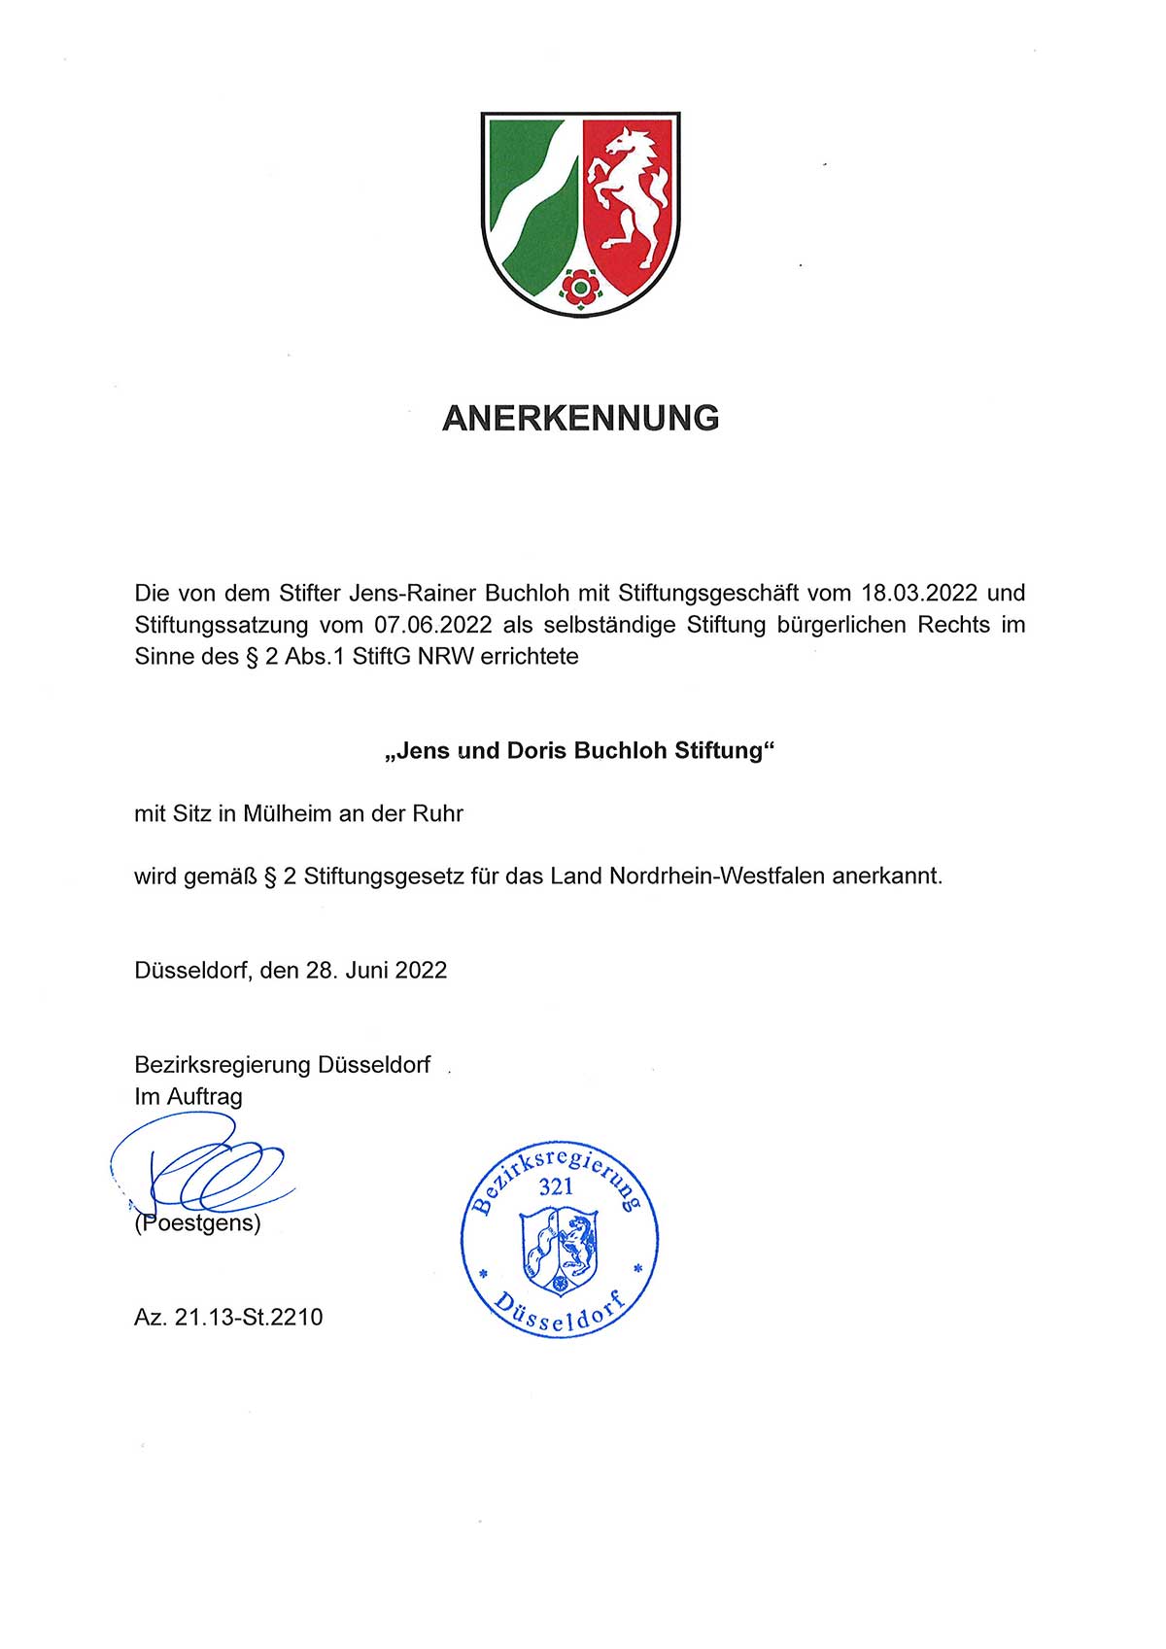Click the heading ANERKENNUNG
click(x=580, y=418)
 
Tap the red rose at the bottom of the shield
click(x=581, y=287)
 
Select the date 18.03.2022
click(x=919, y=593)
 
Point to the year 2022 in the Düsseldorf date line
click(x=421, y=971)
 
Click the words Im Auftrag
click(x=189, y=1097)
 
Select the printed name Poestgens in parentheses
click(x=198, y=1223)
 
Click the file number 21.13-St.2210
click(x=249, y=1318)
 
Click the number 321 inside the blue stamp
click(x=556, y=1186)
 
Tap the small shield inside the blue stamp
click(x=560, y=1250)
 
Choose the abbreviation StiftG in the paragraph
click(x=382, y=657)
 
